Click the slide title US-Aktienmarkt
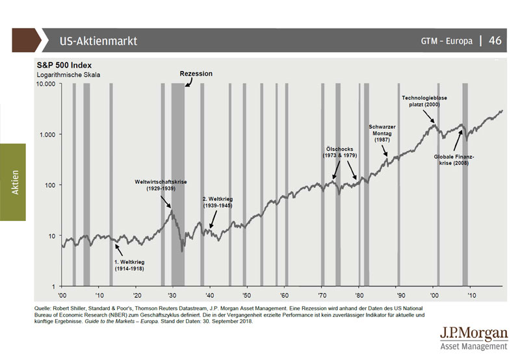(x=97, y=41)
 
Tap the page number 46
(x=495, y=40)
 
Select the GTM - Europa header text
(x=447, y=41)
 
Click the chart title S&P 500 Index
(x=64, y=65)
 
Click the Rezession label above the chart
(x=196, y=74)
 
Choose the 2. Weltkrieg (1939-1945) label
(x=218, y=201)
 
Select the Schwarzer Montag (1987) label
(x=383, y=133)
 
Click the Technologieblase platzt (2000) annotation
(x=424, y=101)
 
